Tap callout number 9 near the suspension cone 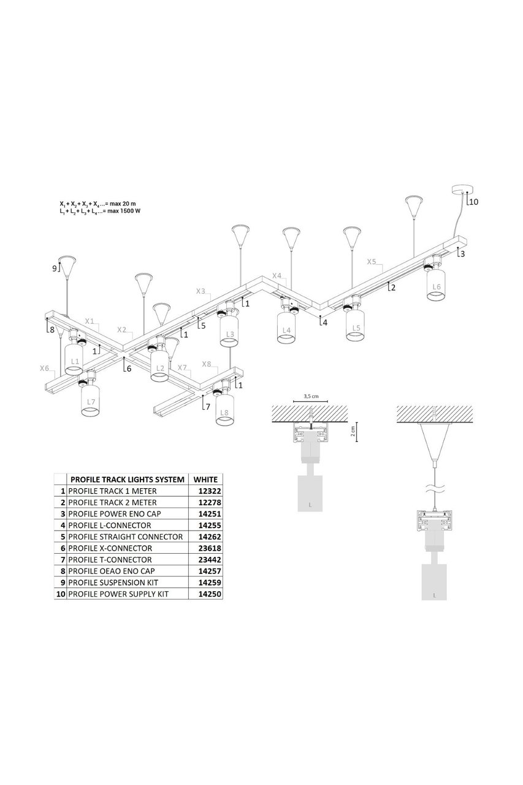click(x=54, y=267)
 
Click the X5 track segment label click(x=372, y=261)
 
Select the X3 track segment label click(x=201, y=291)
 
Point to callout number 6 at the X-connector click(x=128, y=369)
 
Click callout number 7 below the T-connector click(x=208, y=406)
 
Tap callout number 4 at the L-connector click(x=325, y=322)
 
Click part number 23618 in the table click(x=207, y=548)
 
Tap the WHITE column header click(x=205, y=479)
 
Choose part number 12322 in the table click(x=207, y=491)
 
